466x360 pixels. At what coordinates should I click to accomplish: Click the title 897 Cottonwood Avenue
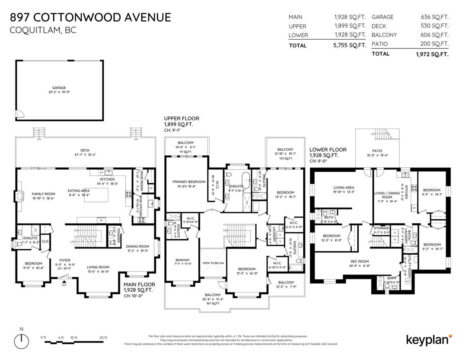tap(90, 17)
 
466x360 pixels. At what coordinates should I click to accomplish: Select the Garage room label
tap(59, 88)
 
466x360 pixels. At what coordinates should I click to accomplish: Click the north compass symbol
tap(22, 341)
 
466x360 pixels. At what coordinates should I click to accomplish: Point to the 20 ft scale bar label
tap(103, 337)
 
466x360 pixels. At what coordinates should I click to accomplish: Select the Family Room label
tap(43, 194)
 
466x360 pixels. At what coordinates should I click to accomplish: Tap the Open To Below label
tap(213, 263)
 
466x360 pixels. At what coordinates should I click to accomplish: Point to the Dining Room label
tap(138, 246)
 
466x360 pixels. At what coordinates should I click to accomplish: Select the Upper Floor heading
tap(181, 118)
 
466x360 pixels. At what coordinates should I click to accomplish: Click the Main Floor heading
tap(138, 285)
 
